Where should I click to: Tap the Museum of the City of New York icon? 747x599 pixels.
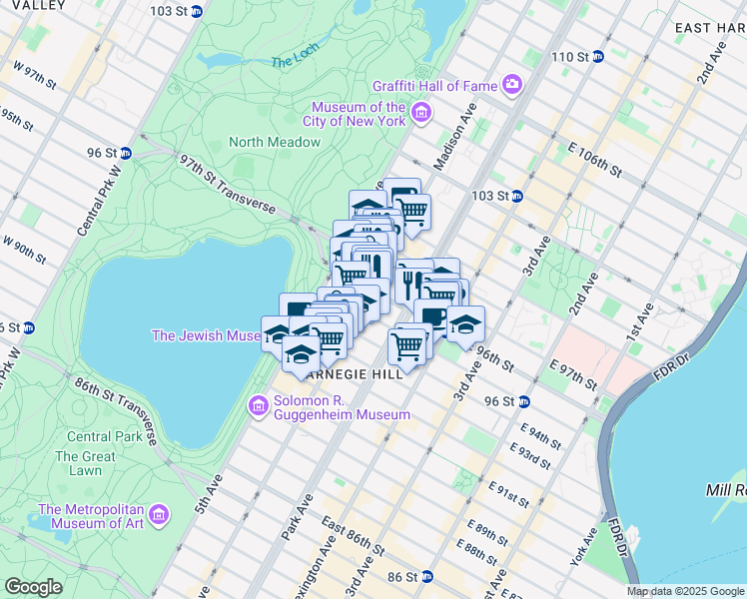pyautogui.click(x=421, y=112)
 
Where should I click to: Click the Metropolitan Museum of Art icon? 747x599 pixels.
pyautogui.click(x=161, y=515)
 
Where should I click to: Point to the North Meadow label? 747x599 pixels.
pyautogui.click(x=275, y=142)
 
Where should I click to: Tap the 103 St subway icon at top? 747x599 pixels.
pyautogui.click(x=198, y=11)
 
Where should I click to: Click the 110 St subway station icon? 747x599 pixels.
pyautogui.click(x=598, y=57)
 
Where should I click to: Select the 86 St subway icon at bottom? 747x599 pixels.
pyautogui.click(x=426, y=577)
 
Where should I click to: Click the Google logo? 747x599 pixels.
pyautogui.click(x=33, y=587)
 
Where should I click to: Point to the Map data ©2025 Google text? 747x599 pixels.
pyautogui.click(x=685, y=591)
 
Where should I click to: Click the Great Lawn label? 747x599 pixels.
pyautogui.click(x=79, y=463)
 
